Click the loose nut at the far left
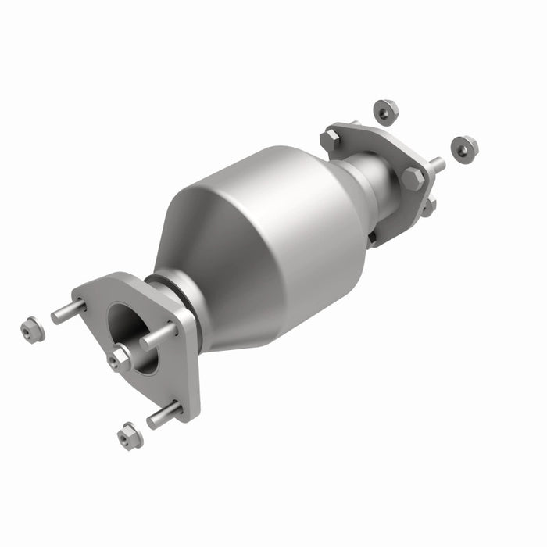click(x=32, y=330)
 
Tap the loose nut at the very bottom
click(x=130, y=435)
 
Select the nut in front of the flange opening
click(x=120, y=358)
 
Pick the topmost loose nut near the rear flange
click(x=385, y=111)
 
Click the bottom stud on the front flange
click(x=163, y=415)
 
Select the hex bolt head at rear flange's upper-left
click(x=331, y=141)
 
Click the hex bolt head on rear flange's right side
click(x=413, y=178)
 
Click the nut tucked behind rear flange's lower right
click(x=427, y=207)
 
